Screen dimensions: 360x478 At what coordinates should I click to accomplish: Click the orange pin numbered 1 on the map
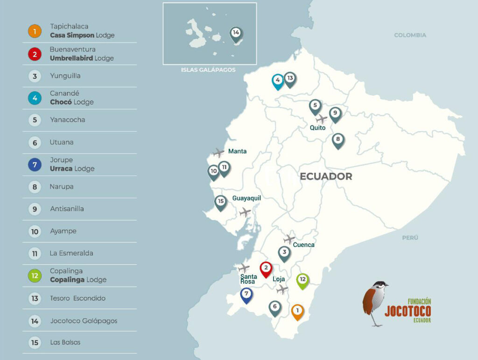297,311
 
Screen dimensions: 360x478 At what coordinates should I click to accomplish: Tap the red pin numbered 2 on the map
266,268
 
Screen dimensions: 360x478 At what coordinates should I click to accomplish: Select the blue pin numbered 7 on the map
246,295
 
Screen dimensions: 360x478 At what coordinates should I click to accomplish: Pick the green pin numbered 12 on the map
302,280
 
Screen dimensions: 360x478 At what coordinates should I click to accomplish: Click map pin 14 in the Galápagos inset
236,33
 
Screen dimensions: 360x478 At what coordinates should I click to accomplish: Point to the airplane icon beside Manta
218,153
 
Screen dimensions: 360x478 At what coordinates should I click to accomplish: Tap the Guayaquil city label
246,198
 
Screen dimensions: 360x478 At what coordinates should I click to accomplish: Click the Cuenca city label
303,245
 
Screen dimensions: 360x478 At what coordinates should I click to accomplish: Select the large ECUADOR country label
326,176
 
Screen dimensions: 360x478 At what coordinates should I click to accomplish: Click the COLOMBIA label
410,35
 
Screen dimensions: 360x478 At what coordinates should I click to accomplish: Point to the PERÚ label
410,238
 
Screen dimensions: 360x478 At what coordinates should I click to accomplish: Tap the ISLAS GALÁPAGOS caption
208,70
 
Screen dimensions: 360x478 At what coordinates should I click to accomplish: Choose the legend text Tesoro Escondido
77,298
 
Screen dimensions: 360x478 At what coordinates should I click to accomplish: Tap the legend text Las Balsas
65,342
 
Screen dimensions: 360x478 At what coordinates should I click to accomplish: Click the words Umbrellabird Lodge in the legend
82,58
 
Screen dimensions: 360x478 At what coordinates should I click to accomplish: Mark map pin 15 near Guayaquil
221,202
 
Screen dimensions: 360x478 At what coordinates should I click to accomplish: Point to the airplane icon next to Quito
322,119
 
